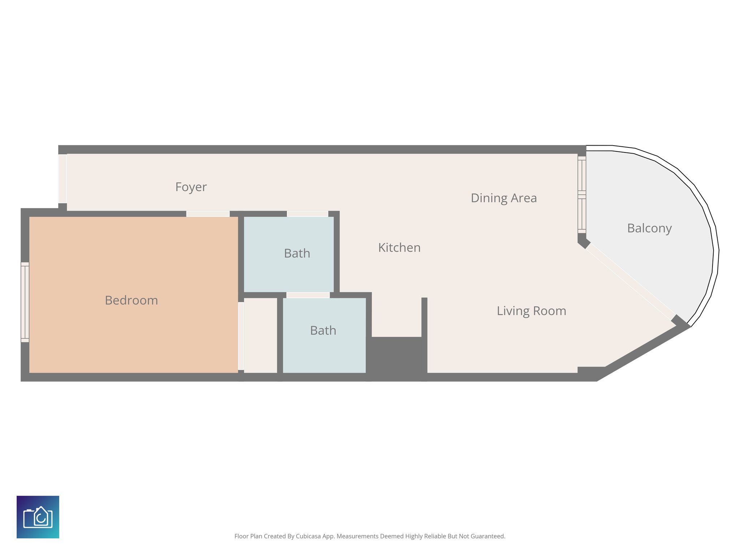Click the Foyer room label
pyautogui.click(x=191, y=187)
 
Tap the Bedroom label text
pyautogui.click(x=131, y=301)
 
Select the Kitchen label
pyautogui.click(x=399, y=248)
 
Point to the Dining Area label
pyautogui.click(x=503, y=198)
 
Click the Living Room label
pyautogui.click(x=531, y=311)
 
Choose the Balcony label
pyautogui.click(x=649, y=228)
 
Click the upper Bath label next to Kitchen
pyautogui.click(x=297, y=254)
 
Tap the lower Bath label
pyautogui.click(x=323, y=331)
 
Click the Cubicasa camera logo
pyautogui.click(x=38, y=517)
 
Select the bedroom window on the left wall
pyautogui.click(x=25, y=302)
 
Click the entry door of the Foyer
pyautogui.click(x=63, y=179)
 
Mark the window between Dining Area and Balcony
pyautogui.click(x=581, y=195)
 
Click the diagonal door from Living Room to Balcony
pyautogui.click(x=630, y=281)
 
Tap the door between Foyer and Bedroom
pyautogui.click(x=208, y=214)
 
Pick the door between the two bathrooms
pyautogui.click(x=308, y=295)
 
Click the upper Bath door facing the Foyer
pyautogui.click(x=307, y=214)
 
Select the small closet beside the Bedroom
pyautogui.click(x=260, y=335)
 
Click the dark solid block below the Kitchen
pyautogui.click(x=396, y=358)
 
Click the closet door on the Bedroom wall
pyautogui.click(x=241, y=336)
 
